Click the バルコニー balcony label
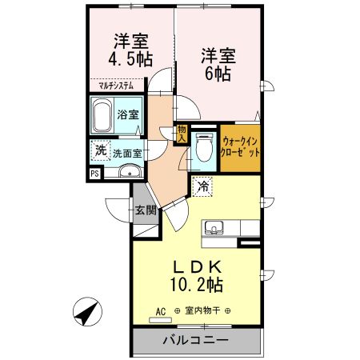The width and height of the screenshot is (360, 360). (196, 340)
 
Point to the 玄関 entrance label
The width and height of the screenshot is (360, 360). (145, 211)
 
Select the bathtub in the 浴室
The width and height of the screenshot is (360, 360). (101, 117)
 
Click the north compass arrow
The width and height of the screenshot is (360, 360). (86, 311)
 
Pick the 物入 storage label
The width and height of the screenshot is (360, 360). (182, 132)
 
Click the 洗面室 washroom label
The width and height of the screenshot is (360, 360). (127, 151)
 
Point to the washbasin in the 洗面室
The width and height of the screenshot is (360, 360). (127, 171)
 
